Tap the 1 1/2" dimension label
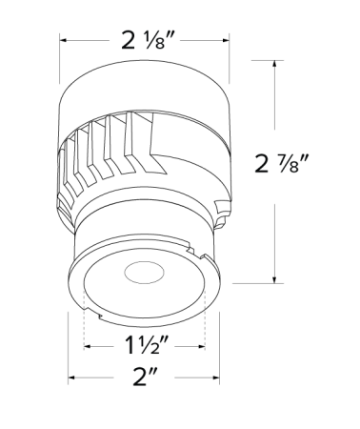146,344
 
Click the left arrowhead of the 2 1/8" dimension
64,41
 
